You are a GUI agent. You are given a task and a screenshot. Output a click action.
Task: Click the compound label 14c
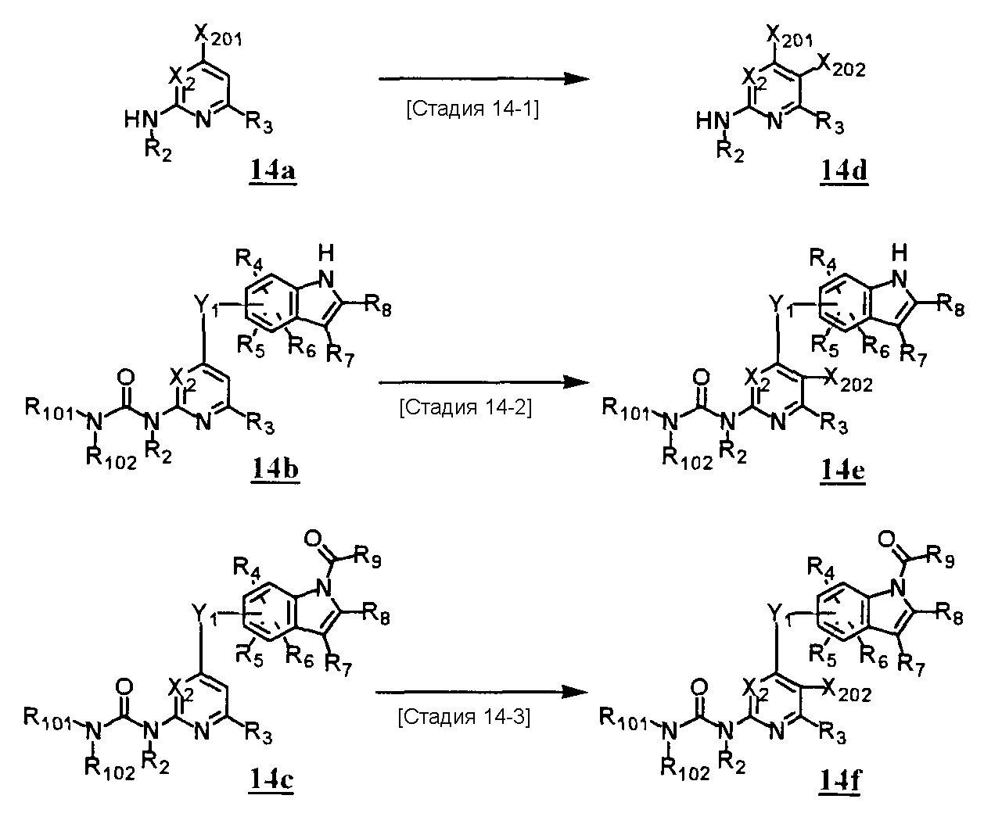[x=272, y=779]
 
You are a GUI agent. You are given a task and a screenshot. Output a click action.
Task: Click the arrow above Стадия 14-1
[x=482, y=79]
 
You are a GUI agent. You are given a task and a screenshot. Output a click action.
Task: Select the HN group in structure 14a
[x=139, y=119]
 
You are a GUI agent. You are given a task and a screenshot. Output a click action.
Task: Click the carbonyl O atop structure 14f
[x=887, y=539]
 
